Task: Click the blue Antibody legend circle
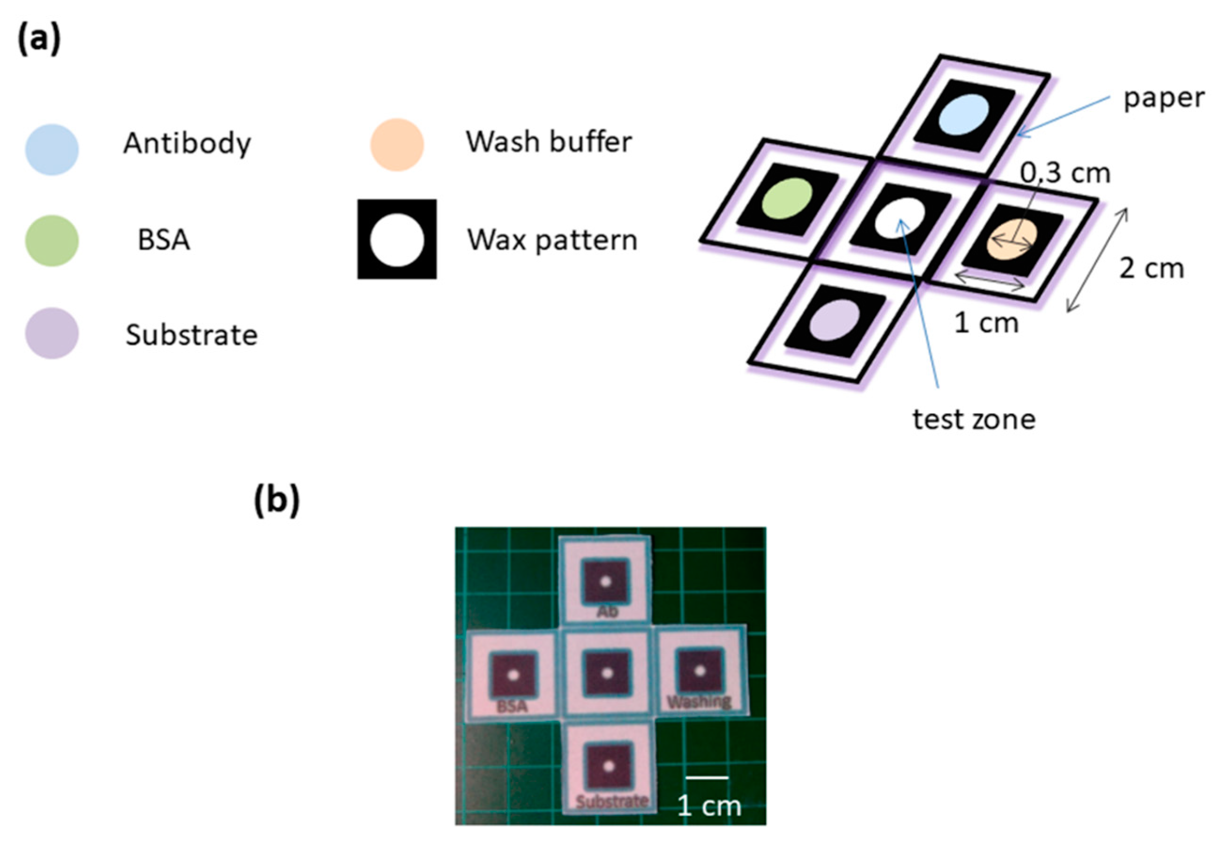[52, 149]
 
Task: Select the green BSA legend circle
[52, 241]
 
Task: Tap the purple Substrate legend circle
[52, 333]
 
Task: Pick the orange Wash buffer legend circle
[397, 145]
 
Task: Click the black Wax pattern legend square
[397, 240]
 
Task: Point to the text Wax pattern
[552, 240]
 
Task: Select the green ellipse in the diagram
[787, 198]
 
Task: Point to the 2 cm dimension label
[1151, 269]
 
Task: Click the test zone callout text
[974, 420]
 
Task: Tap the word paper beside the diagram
[1164, 98]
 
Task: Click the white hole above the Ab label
[605, 582]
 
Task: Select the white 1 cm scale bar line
[707, 777]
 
